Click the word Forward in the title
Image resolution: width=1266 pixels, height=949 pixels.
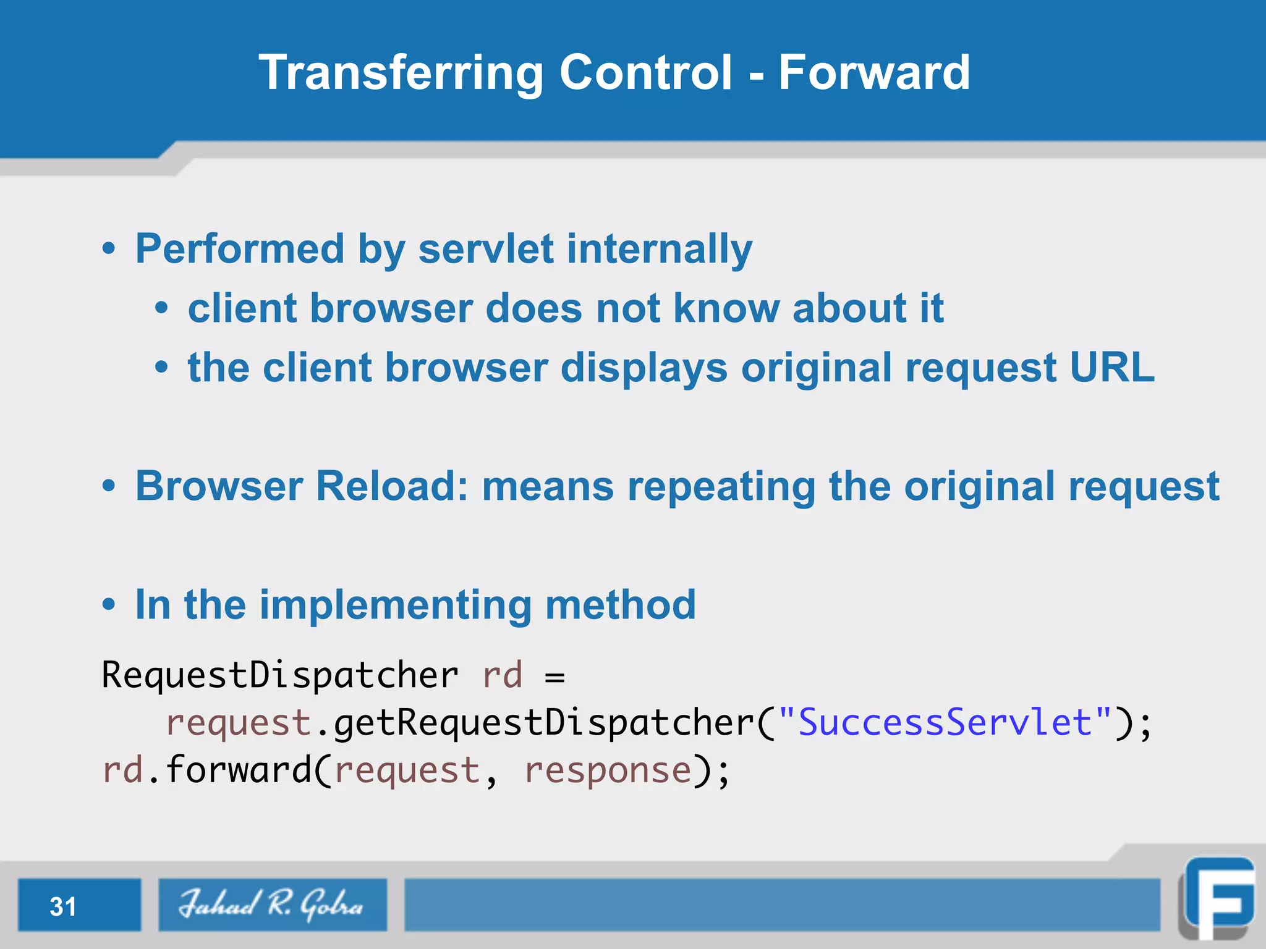(x=873, y=72)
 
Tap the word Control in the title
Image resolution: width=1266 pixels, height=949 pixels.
(x=646, y=72)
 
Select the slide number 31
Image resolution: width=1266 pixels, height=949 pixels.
(x=63, y=906)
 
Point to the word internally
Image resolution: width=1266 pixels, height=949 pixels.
(x=660, y=248)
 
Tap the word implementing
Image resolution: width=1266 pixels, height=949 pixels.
(x=396, y=604)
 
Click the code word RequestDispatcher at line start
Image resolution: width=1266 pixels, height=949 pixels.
(x=279, y=675)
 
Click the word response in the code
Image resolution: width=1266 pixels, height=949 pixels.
(x=608, y=770)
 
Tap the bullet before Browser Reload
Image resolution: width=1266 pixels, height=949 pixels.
(x=109, y=486)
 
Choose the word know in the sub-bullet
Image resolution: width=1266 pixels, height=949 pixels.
(x=726, y=308)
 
